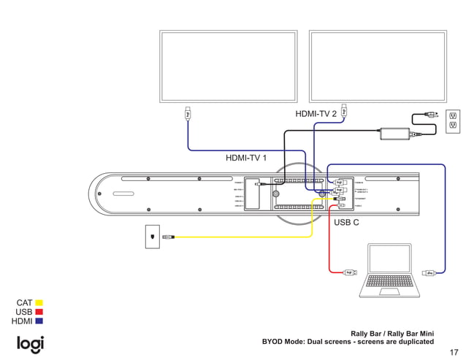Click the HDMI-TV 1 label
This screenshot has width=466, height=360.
246,158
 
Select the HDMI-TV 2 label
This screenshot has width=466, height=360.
316,114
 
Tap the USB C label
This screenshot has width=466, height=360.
346,222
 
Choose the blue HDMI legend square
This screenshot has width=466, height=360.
39,321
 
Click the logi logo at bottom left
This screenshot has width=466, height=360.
31,344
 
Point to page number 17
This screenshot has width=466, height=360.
454,351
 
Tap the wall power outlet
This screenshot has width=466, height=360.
453,122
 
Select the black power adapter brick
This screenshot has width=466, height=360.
394,134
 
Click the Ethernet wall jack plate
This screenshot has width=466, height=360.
152,237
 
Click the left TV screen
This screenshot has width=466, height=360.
229,67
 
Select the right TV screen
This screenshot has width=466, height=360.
378,67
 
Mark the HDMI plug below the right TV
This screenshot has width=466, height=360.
344,112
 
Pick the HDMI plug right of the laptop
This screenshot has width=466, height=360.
430,272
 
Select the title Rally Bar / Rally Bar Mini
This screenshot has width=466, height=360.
392,333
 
